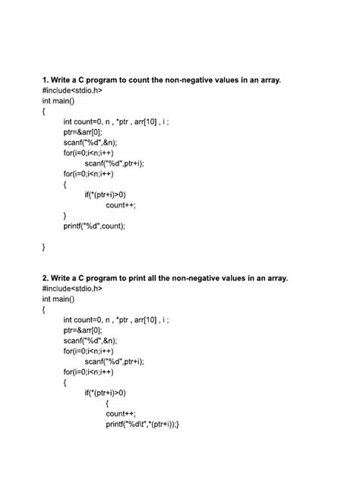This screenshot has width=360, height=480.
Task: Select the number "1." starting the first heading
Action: (x=46, y=79)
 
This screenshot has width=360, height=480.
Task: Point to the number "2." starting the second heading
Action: (x=46, y=278)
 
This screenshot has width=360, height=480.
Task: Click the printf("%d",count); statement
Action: (x=94, y=226)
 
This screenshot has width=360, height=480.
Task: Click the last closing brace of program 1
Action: (x=44, y=247)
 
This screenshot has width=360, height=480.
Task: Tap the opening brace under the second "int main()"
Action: (x=44, y=310)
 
